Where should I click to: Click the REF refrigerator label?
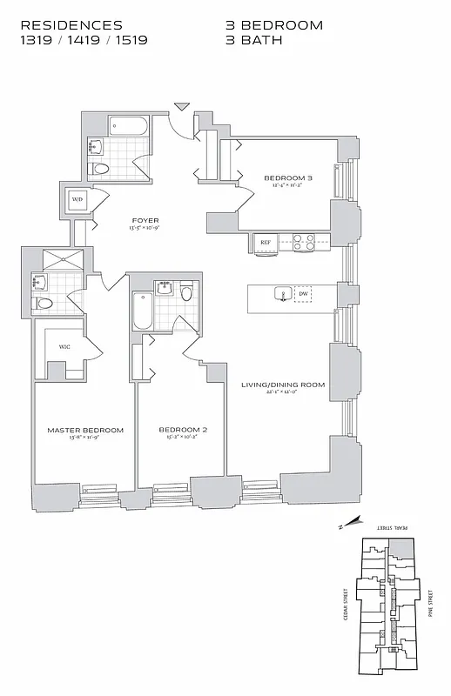pyautogui.click(x=265, y=242)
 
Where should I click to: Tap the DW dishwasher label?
pyautogui.click(x=303, y=294)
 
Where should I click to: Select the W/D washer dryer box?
pyautogui.click(x=77, y=199)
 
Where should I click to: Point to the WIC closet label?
pyautogui.click(x=64, y=346)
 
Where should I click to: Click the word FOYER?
pyautogui.click(x=145, y=220)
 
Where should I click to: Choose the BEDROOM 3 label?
pyautogui.click(x=287, y=178)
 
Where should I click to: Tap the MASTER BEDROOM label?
pyautogui.click(x=85, y=430)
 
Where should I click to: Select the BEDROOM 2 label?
pyautogui.click(x=182, y=430)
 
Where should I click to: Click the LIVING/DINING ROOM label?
pyautogui.click(x=283, y=384)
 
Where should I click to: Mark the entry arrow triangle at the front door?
pyautogui.click(x=181, y=107)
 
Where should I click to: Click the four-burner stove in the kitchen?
pyautogui.click(x=303, y=242)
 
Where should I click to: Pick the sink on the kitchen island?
pyautogui.click(x=282, y=294)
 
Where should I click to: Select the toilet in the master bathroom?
pyautogui.click(x=43, y=304)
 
